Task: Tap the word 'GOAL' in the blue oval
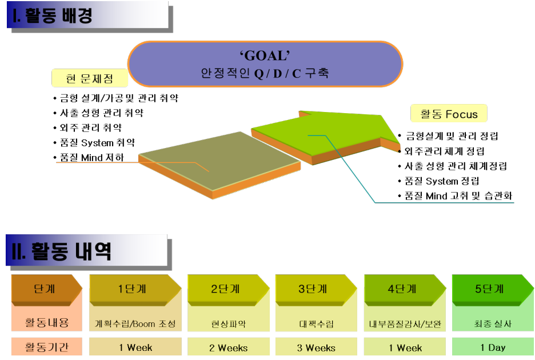(x=265, y=55)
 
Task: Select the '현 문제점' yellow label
(x=90, y=78)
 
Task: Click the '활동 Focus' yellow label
(x=449, y=114)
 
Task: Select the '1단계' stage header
(x=132, y=289)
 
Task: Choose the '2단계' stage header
(x=225, y=289)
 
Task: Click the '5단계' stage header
(x=489, y=289)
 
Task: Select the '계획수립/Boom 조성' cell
(x=135, y=323)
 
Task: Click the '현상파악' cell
(x=228, y=323)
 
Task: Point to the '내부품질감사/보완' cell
(x=405, y=323)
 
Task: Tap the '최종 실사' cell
(x=492, y=323)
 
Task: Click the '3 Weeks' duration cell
(x=316, y=347)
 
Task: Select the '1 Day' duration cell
(x=492, y=347)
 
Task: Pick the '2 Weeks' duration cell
(x=228, y=347)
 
